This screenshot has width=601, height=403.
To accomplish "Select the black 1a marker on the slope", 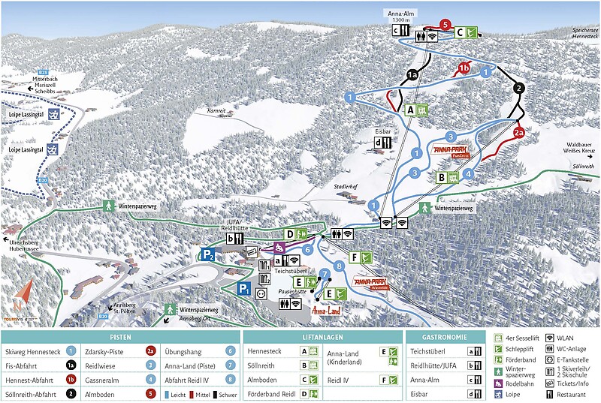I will (x=412, y=75).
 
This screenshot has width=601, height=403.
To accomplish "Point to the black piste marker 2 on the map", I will (x=519, y=89).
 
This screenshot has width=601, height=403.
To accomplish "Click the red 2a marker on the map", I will (x=519, y=132).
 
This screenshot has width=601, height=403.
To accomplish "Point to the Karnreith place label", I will (x=216, y=111).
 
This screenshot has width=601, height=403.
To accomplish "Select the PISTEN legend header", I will (x=121, y=338).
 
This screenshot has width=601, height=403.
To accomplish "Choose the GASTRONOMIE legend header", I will (x=444, y=338).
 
